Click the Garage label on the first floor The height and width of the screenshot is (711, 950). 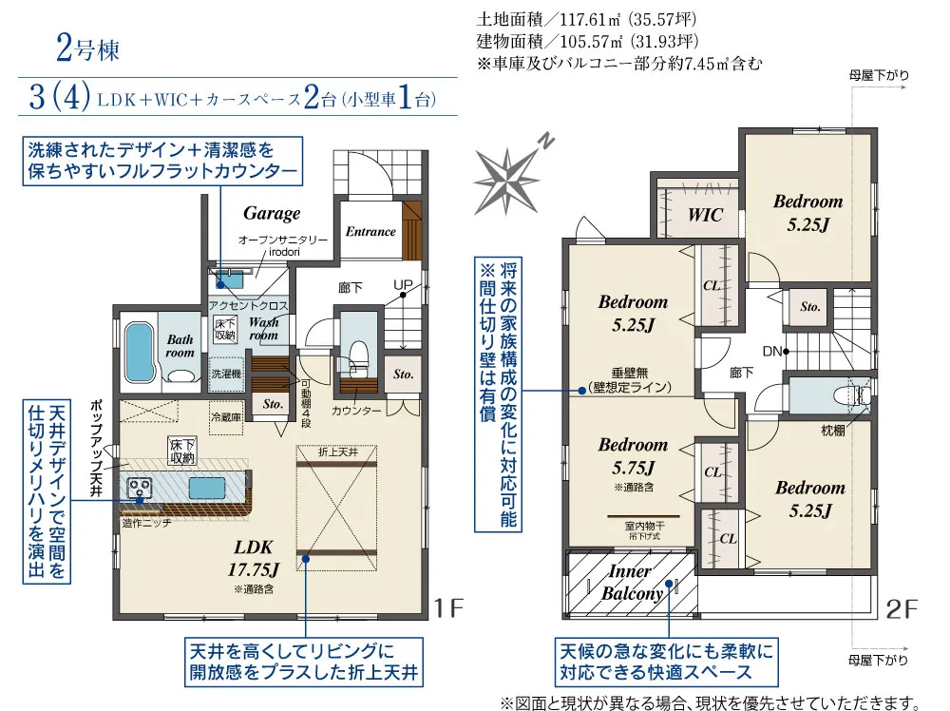272,213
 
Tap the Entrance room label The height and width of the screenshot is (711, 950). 370,231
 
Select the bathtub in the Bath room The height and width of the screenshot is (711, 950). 140,352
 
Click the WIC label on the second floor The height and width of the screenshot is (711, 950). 705,215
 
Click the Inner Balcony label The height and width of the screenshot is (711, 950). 632,582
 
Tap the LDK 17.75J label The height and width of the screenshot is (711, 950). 254,558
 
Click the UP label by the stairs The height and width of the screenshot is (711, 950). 403,285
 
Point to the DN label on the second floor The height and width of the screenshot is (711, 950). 771,351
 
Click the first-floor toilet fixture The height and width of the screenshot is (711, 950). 359,356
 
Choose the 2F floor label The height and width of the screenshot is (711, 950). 902,609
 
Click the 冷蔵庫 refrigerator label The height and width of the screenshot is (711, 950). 226,417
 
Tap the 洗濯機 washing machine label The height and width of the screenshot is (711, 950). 226,374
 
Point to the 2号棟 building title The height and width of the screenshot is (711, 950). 88,49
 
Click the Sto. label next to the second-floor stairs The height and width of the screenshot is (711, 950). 809,307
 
